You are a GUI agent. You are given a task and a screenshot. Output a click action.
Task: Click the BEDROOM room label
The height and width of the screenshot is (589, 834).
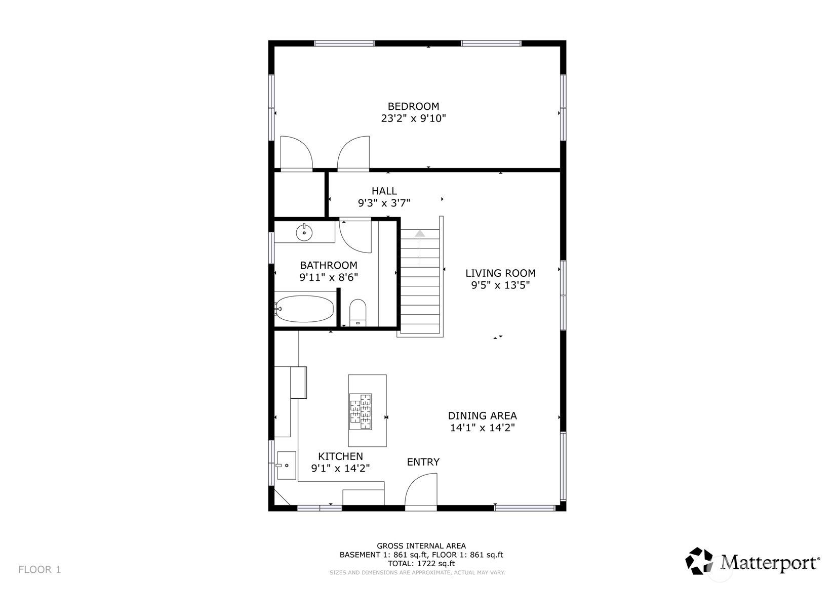tap(413, 106)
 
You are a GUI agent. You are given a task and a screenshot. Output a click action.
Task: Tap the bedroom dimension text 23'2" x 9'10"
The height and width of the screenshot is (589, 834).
tap(413, 118)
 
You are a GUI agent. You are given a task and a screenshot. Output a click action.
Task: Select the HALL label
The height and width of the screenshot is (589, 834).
tap(384, 191)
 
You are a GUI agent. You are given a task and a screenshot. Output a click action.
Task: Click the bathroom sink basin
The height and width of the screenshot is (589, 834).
tap(304, 233)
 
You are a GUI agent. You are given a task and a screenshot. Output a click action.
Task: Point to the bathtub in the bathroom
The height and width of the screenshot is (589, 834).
tap(305, 309)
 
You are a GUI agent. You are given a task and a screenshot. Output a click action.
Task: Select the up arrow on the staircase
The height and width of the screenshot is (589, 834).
tap(420, 234)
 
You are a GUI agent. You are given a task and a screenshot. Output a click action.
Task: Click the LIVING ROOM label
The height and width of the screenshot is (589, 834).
tap(500, 273)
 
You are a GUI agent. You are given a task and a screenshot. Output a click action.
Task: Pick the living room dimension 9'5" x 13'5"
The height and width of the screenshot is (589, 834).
tap(500, 285)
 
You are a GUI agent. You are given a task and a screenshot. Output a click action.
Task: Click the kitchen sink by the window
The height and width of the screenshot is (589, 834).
tap(286, 465)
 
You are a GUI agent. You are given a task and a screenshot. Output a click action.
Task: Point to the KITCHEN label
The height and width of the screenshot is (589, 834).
tap(340, 456)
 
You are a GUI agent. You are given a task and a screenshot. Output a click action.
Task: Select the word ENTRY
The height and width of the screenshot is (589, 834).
tap(423, 462)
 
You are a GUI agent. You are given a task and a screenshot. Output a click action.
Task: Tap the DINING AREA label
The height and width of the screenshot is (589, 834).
tap(482, 416)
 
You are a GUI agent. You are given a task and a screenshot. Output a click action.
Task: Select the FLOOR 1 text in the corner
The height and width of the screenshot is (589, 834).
tap(39, 570)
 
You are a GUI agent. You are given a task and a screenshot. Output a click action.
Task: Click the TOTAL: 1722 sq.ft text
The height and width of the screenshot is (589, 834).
tap(421, 563)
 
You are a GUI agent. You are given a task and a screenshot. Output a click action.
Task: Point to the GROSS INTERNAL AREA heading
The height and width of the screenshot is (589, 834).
tap(421, 545)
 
